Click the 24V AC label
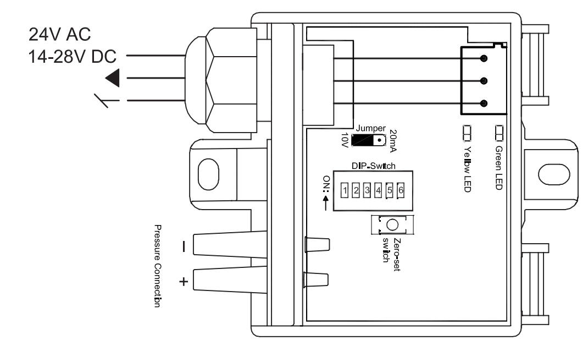click(x=60, y=35)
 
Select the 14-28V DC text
click(x=73, y=57)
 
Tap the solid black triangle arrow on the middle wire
click(x=113, y=78)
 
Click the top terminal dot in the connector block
click(x=484, y=58)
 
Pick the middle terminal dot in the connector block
click(x=484, y=81)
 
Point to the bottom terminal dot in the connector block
click(x=484, y=103)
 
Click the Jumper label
click(x=370, y=128)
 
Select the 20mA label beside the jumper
click(x=393, y=141)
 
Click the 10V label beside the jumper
click(x=345, y=140)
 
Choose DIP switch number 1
click(x=345, y=190)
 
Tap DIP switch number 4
click(x=379, y=190)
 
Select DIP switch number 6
click(x=401, y=190)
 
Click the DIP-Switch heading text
click(x=374, y=166)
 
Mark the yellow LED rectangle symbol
click(x=467, y=133)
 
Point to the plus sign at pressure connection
click(x=184, y=281)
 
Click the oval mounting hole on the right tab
click(x=554, y=174)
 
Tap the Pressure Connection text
click(x=158, y=266)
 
